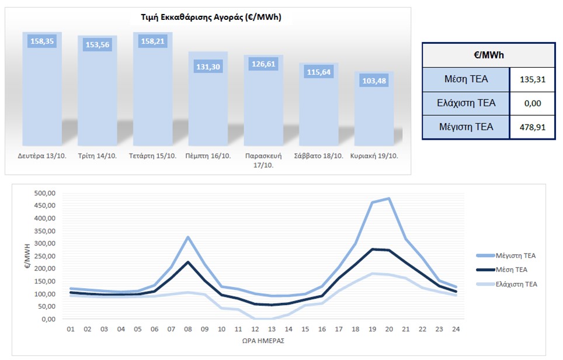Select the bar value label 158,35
[x=41, y=41]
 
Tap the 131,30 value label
[x=207, y=67]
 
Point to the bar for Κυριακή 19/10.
[x=374, y=111]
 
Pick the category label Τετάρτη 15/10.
[x=152, y=156]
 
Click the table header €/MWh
[x=489, y=55]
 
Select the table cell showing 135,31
[x=532, y=79]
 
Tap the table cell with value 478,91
[x=532, y=126]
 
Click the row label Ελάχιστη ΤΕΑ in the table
[x=466, y=103]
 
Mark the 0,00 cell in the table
[x=532, y=103]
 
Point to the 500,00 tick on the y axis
[x=44, y=193]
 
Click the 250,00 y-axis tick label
[x=44, y=256]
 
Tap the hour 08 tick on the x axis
[x=187, y=328]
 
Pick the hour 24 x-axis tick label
[x=456, y=328]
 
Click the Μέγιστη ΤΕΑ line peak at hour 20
[x=389, y=199]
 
